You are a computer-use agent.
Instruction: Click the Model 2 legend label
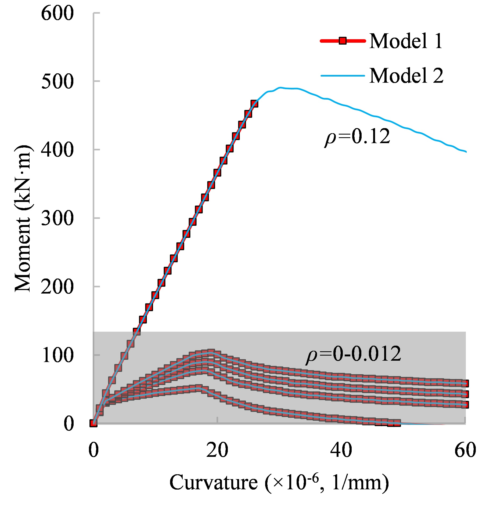tap(406, 75)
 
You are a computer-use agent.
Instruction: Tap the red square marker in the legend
tap(343, 41)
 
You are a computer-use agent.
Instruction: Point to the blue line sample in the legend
tap(343, 75)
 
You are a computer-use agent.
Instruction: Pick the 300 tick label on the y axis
tap(57, 218)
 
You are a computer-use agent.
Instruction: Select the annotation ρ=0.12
tap(357, 137)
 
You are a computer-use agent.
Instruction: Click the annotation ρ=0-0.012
tap(353, 354)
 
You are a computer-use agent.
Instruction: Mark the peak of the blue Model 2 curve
tap(280, 87)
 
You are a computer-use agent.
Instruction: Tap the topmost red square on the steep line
tap(254, 104)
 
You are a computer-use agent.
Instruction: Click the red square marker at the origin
tap(93, 423)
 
